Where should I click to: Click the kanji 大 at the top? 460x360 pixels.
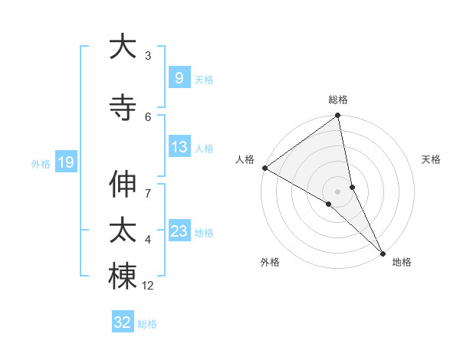123,47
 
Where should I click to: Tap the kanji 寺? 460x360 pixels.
123,106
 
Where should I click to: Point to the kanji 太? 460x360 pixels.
123,231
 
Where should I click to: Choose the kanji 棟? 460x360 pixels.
123,277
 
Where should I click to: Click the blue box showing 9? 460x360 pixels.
179,78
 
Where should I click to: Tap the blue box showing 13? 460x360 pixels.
179,147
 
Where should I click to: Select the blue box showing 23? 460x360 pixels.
179,231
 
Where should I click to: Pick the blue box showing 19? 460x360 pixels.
65,162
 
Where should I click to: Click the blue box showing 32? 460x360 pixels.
123,322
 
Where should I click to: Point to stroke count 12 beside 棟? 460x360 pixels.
148,286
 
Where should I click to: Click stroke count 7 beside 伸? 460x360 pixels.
148,185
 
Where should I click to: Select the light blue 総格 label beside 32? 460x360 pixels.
147,324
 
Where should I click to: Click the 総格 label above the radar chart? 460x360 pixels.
338,100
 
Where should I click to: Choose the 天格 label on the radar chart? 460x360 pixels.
432,159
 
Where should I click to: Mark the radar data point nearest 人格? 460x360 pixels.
264,168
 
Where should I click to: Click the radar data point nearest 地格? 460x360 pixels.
382,252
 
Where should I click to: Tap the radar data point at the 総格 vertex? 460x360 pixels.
338,116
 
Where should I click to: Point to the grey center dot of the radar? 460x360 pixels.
338,191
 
